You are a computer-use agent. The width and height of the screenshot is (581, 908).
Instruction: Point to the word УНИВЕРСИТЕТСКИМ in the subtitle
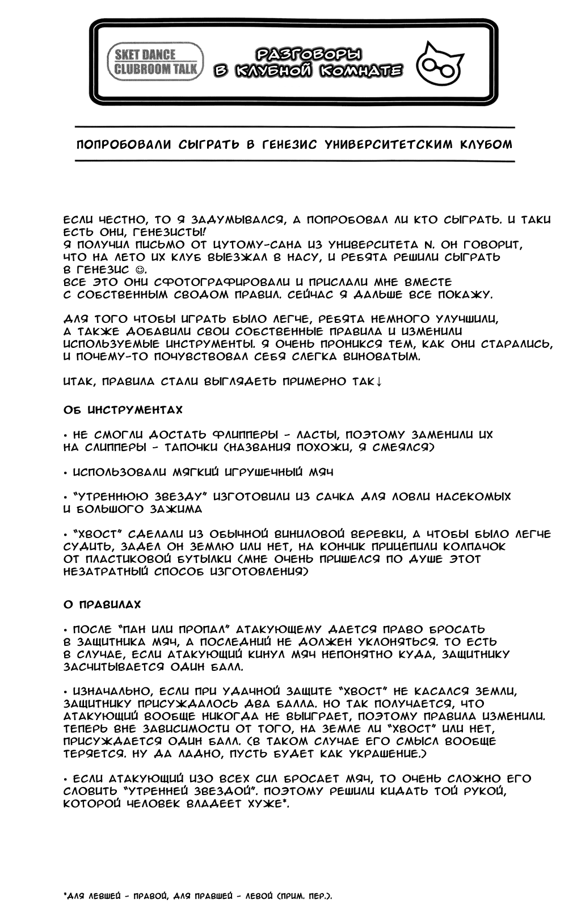tap(389, 145)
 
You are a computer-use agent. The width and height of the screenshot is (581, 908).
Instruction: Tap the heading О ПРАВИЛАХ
tap(102, 605)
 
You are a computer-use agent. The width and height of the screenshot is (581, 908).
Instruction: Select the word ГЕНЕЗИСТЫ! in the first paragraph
tap(176, 233)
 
